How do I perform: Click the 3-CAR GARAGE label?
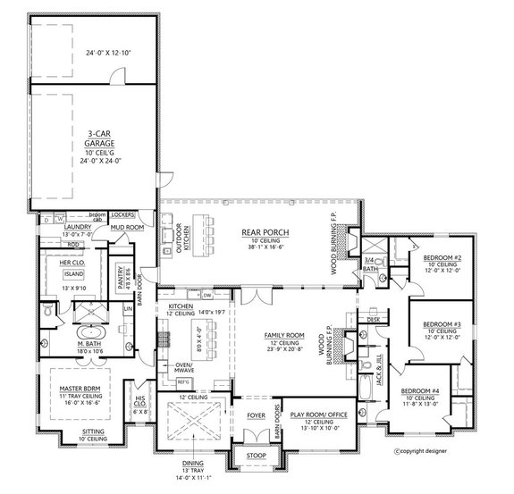coord(92,140)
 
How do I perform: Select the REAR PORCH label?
coord(259,231)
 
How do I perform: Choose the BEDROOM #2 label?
coord(442,257)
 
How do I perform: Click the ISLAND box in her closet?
coord(73,275)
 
